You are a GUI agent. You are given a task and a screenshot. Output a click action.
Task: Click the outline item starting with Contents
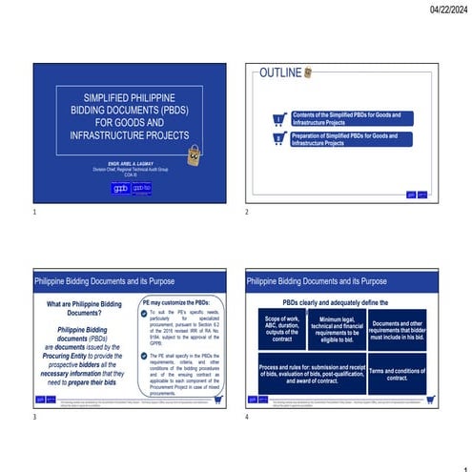[x=346, y=119]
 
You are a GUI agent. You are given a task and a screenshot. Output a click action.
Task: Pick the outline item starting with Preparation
[x=346, y=139]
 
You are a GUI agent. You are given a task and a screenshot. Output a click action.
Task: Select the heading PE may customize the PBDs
[x=180, y=302]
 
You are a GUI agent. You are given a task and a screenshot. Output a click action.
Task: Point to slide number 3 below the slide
[x=35, y=418]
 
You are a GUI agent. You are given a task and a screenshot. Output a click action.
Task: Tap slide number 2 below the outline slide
[x=247, y=210]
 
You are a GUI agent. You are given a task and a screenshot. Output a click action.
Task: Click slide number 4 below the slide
[x=247, y=418]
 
